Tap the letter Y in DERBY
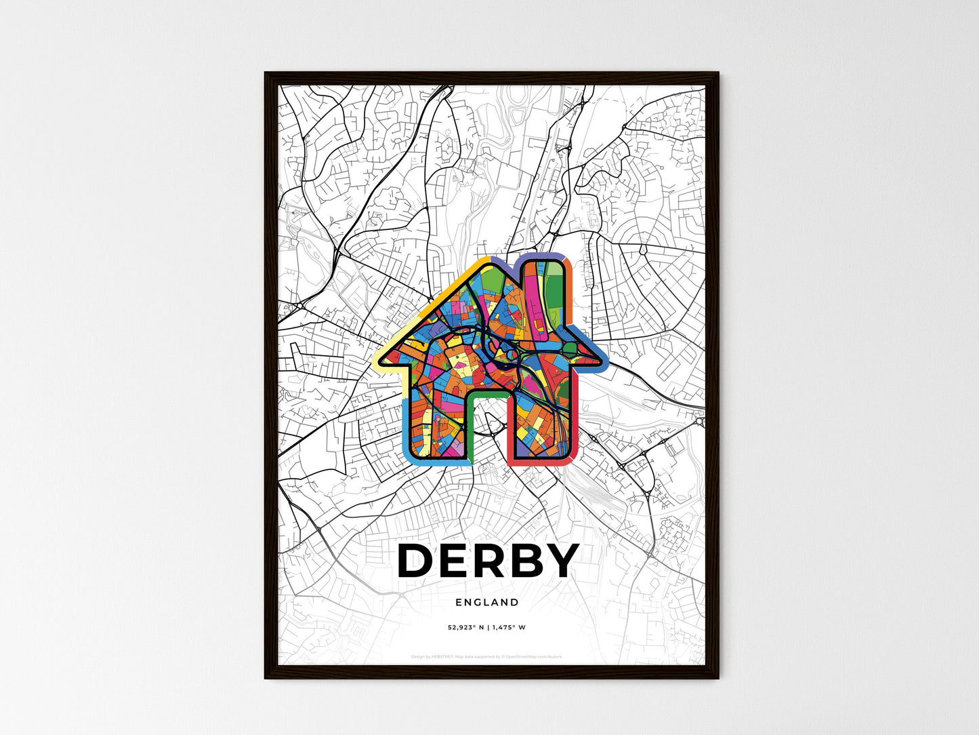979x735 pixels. point(558,561)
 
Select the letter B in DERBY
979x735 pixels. point(520,561)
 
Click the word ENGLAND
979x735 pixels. point(487,602)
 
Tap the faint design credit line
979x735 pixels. point(486,656)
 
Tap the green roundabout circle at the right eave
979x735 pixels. point(569,349)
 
